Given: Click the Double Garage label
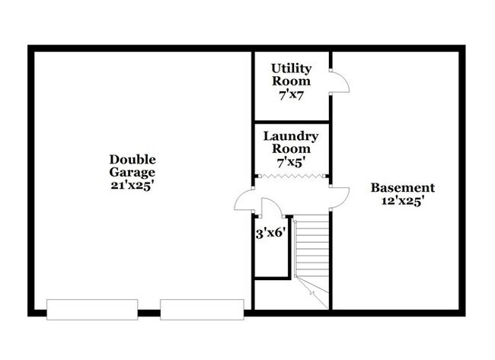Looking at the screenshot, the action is (x=133, y=166).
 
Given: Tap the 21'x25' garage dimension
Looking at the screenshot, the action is (x=133, y=186).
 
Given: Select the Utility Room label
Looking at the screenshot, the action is (x=291, y=75).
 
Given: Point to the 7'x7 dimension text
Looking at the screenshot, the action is (x=291, y=94).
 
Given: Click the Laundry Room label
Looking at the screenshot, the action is (x=291, y=142).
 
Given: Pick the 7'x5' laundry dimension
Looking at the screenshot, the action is (x=291, y=162).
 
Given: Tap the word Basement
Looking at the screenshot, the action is (x=403, y=188).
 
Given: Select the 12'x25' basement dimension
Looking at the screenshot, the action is (x=403, y=201).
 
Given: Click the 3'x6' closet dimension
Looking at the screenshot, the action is (x=271, y=234).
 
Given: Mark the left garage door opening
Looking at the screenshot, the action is (x=92, y=310).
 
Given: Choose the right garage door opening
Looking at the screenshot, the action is (x=202, y=310).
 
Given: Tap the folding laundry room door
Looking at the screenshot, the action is (x=291, y=176).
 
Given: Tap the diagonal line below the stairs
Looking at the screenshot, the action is (x=312, y=292).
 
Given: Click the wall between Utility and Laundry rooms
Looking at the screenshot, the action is (x=292, y=122).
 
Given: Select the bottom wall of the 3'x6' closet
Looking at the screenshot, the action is (x=272, y=279).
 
